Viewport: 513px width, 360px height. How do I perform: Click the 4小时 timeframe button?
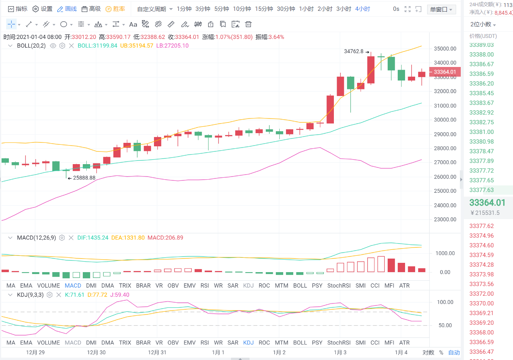[x=363, y=9]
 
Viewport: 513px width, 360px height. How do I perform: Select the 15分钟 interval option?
[x=264, y=9]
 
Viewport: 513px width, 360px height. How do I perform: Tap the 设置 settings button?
[x=43, y=9]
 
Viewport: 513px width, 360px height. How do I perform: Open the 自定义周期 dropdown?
[x=155, y=9]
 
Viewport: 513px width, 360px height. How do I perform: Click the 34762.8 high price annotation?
[x=354, y=51]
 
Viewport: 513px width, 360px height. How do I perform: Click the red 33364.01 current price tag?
[x=445, y=72]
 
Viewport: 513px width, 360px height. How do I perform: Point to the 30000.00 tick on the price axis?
[x=445, y=120]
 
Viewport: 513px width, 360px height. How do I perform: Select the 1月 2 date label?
[x=279, y=352]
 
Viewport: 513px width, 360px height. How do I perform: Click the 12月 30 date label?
[x=96, y=352]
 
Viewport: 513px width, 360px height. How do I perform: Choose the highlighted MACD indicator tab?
[x=73, y=285]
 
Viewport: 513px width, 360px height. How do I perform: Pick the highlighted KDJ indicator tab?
[x=248, y=343]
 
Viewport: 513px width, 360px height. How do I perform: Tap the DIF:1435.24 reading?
[x=93, y=238]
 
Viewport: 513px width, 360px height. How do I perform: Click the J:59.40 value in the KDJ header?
[x=120, y=295]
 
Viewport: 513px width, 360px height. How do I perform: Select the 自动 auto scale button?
[x=454, y=352]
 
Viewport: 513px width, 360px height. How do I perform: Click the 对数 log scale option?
[x=428, y=352]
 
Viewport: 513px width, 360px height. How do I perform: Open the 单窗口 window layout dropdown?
[x=441, y=9]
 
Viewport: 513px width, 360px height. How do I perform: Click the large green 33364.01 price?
[x=487, y=202]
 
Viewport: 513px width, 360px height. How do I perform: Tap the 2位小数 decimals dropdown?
[x=483, y=24]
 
